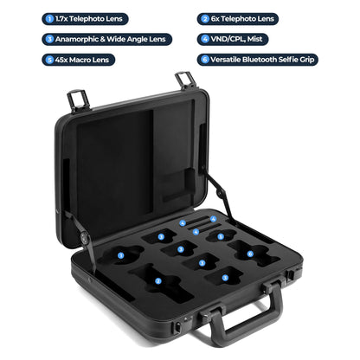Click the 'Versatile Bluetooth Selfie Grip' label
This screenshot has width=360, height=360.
[x=268, y=60]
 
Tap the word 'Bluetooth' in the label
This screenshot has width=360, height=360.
[x=262, y=60]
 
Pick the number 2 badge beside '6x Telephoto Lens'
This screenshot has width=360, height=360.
[x=204, y=17]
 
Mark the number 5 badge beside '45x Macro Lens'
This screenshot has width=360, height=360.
[x=49, y=60]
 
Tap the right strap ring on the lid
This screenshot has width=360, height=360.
[x=184, y=80]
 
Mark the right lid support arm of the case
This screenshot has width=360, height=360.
[x=220, y=195]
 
